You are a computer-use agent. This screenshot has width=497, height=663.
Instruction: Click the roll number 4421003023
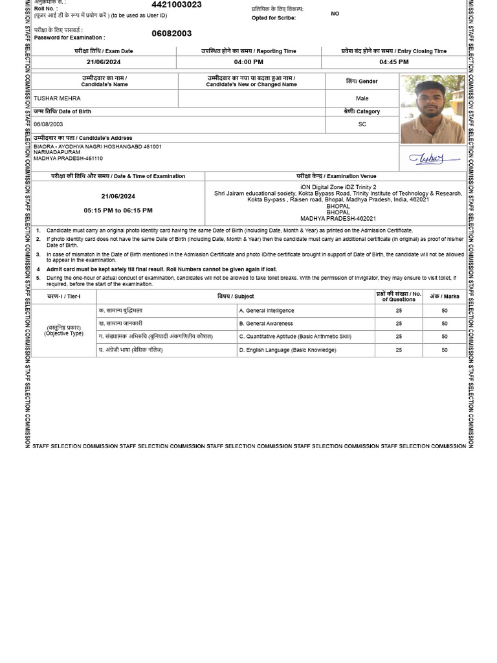pyautogui.click(x=176, y=5)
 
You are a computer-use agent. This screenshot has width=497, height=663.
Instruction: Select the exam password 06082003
pyautogui.click(x=171, y=34)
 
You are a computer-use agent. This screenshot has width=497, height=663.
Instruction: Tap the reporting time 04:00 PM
pyautogui.click(x=248, y=62)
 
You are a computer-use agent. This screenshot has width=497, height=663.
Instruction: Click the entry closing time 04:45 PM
pyautogui.click(x=393, y=62)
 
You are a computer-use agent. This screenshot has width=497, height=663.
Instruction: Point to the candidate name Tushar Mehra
pyautogui.click(x=57, y=98)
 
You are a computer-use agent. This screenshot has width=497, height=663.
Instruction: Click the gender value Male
pyautogui.click(x=362, y=98)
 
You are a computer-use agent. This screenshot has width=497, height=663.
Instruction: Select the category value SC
pyautogui.click(x=362, y=124)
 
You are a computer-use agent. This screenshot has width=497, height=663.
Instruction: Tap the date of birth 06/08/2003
pyautogui.click(x=49, y=124)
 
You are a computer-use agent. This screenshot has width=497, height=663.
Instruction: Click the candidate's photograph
pyautogui.click(x=432, y=109)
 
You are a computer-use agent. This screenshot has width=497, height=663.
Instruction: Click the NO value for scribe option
pyautogui.click(x=335, y=14)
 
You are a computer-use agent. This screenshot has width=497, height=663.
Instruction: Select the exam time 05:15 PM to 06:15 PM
pyautogui.click(x=118, y=210)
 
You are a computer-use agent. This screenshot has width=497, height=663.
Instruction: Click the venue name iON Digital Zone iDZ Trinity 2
pyautogui.click(x=338, y=187)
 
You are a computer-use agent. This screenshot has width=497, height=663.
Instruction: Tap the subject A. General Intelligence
pyautogui.click(x=267, y=311)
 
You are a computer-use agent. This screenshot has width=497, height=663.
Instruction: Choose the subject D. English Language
pyautogui.click(x=287, y=350)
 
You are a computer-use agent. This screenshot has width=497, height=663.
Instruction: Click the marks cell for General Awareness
pyautogui.click(x=444, y=324)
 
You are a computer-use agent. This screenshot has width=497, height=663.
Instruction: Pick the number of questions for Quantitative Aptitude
pyautogui.click(x=399, y=337)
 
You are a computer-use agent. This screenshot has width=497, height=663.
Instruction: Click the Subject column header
pyautogui.click(x=236, y=297)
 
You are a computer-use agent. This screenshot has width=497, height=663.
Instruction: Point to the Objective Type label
pyautogui.click(x=63, y=333)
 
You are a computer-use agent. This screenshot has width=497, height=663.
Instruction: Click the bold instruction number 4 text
pyautogui.click(x=161, y=269)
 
